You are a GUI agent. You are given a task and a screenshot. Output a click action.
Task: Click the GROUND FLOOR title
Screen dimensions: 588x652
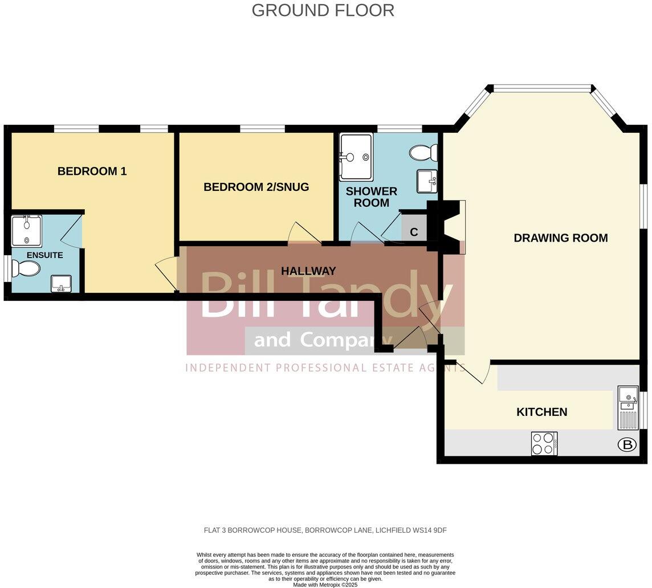323,10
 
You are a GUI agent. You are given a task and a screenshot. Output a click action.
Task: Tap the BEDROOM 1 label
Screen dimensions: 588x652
92,171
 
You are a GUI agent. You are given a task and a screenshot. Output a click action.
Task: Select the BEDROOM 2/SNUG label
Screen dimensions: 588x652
256,187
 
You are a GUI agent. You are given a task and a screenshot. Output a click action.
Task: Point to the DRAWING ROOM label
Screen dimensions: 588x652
560,238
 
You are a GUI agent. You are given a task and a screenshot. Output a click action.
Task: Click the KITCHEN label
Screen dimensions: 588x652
541,412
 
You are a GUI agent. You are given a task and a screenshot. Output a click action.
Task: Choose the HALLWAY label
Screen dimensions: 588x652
308,271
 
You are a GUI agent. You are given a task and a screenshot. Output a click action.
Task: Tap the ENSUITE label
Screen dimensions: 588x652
44,255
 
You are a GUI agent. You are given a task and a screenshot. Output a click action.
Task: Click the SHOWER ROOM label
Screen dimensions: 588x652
371,197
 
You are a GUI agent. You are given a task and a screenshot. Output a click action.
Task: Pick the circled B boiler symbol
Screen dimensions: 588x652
626,445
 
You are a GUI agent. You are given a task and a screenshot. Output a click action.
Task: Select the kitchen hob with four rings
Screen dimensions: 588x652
544,443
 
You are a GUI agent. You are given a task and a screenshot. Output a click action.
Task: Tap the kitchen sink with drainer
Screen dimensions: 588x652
627,407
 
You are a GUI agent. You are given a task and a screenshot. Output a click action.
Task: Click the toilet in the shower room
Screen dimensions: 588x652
423,153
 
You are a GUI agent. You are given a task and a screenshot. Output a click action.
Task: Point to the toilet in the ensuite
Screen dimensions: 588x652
26,268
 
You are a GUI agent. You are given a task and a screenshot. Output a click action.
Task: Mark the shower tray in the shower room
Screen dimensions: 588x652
356,149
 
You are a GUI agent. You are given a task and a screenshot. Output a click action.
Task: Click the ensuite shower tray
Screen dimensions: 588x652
26,231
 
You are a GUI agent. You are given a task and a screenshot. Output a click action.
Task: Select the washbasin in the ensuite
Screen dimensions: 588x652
61,283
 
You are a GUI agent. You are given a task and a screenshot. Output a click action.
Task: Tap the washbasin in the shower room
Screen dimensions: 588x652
427,181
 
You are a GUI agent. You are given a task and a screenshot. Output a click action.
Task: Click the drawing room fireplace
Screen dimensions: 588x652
447,227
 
